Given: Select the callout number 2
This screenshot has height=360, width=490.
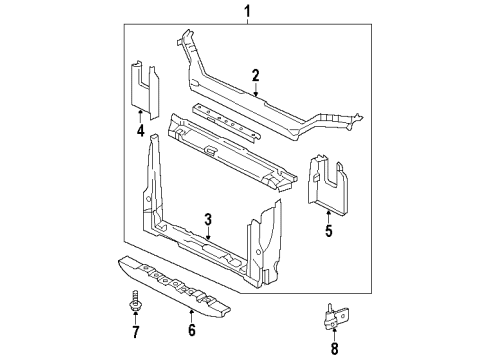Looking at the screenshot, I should [x=256, y=75].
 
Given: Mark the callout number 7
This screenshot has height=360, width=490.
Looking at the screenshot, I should [x=134, y=330].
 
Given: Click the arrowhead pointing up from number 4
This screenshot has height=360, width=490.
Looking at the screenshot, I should [x=141, y=113].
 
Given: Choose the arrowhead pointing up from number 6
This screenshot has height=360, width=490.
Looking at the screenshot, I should [x=192, y=312].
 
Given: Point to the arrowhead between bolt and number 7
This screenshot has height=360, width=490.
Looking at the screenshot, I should [x=134, y=315].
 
